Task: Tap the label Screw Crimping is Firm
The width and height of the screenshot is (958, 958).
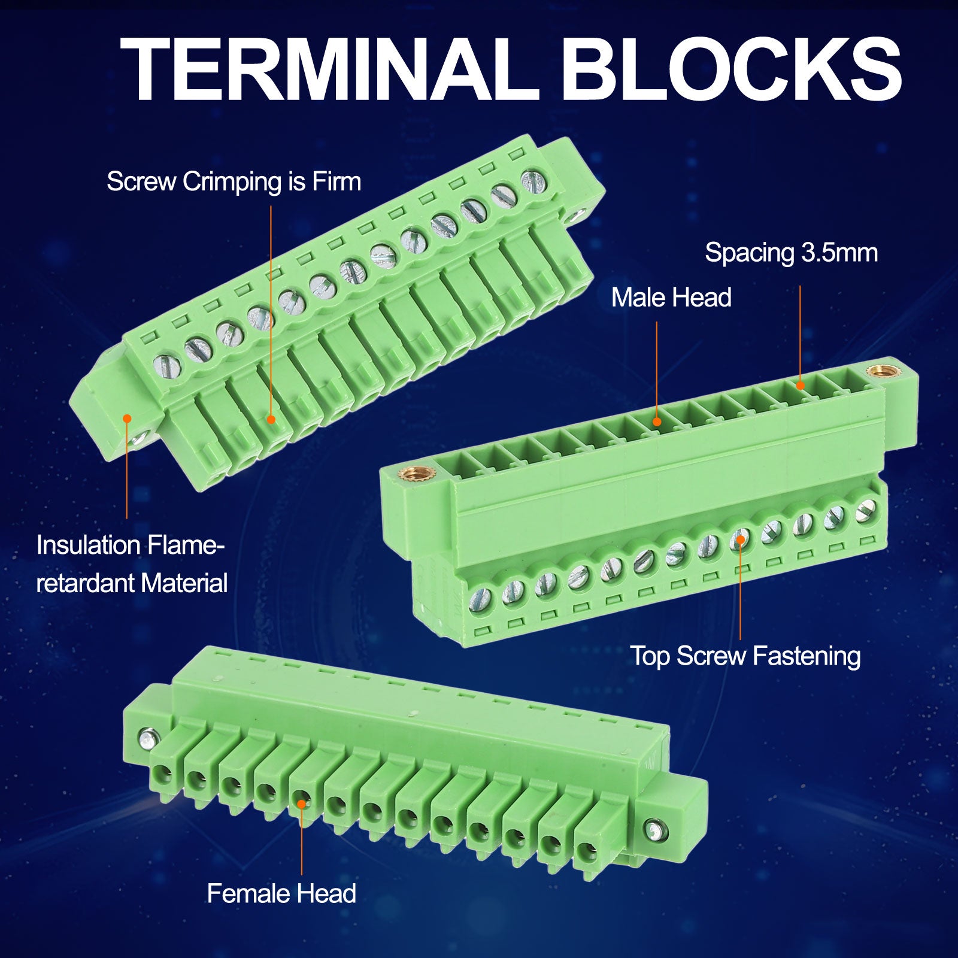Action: (x=234, y=182)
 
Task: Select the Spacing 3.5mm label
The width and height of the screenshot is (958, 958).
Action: (x=791, y=253)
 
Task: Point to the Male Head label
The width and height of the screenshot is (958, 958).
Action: (x=671, y=298)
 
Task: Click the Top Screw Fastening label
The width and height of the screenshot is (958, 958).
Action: (x=745, y=656)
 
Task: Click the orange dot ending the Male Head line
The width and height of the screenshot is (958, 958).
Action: (x=657, y=422)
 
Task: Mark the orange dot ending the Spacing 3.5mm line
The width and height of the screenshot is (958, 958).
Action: (x=800, y=386)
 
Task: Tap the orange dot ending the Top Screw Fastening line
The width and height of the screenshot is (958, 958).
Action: (x=740, y=539)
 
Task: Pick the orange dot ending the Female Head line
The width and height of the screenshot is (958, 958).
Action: (x=302, y=801)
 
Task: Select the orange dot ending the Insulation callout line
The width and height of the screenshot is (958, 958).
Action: (x=127, y=418)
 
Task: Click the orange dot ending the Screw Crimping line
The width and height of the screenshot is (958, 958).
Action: (x=271, y=420)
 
